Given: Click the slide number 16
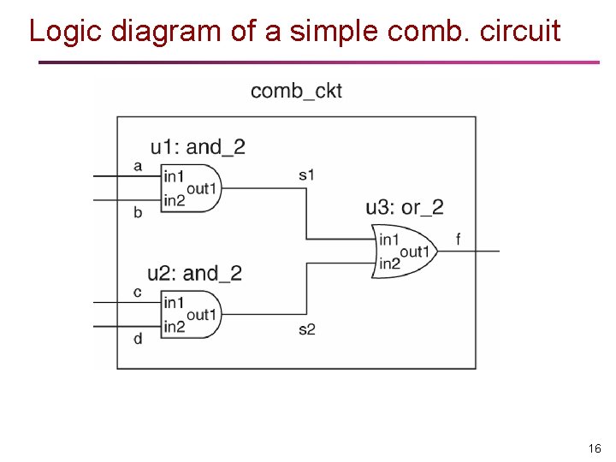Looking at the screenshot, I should [595, 448].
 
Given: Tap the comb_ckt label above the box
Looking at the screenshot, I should [296, 91].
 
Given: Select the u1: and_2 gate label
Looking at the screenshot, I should [198, 147].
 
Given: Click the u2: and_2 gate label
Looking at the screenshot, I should [194, 274].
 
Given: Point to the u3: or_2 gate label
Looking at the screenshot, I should [405, 207].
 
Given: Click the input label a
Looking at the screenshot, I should [138, 166].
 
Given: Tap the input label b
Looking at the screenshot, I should [138, 212].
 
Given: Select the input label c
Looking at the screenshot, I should [138, 293].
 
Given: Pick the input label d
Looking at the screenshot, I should [138, 339].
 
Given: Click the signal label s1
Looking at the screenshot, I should [306, 175].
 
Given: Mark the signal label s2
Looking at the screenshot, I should [306, 329].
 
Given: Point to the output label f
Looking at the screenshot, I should [458, 240].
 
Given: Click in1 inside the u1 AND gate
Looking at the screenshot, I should [174, 176].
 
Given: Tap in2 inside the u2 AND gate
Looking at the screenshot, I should [174, 327].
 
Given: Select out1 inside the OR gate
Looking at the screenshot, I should [414, 252].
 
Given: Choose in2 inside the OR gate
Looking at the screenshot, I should [389, 264].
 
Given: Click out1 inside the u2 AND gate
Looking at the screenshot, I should [202, 315].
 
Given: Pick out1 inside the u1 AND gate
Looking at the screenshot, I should [202, 188].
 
